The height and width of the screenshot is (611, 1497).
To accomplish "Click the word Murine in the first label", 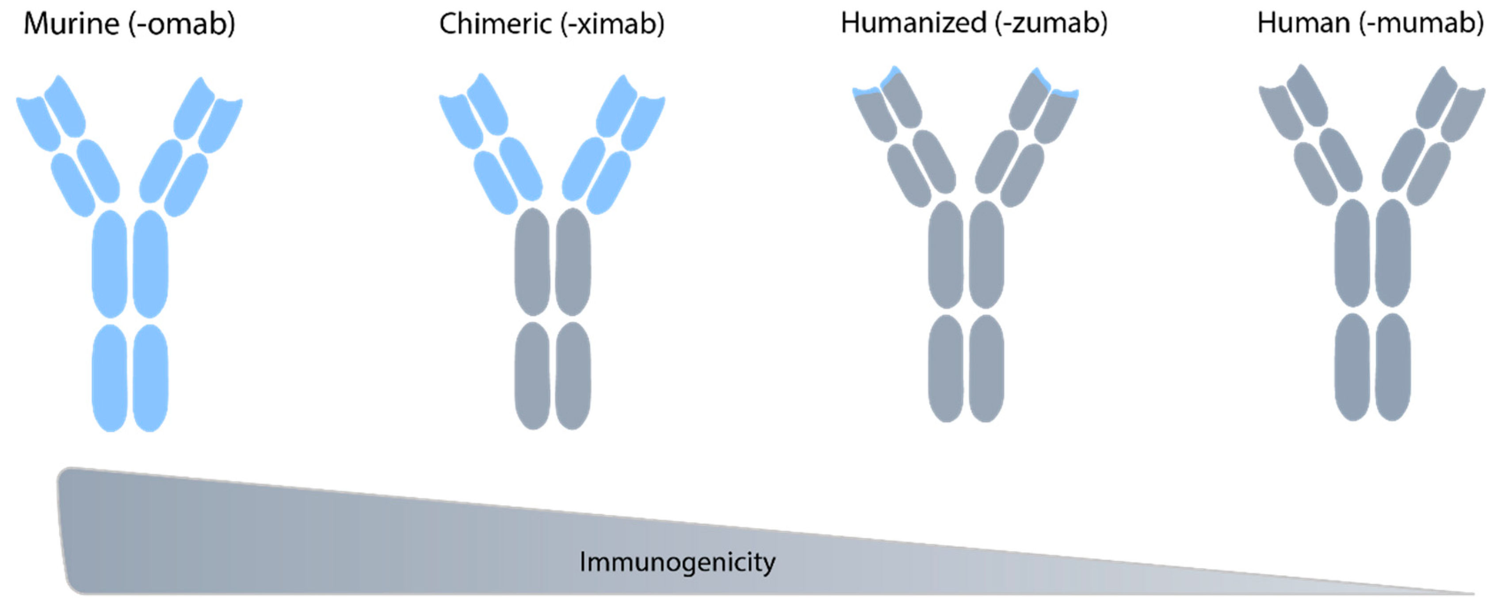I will tap(71, 24).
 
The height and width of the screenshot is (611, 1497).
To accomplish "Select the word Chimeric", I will tap(495, 24).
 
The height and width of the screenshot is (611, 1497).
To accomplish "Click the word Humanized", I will tap(913, 23).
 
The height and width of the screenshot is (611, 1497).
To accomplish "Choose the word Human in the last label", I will tap(1303, 23).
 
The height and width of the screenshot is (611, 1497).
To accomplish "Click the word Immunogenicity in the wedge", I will tap(677, 562).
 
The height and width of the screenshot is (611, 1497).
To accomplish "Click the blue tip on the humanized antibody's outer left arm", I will tap(866, 91).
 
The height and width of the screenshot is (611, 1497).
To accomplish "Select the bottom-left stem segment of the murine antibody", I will tap(110, 378).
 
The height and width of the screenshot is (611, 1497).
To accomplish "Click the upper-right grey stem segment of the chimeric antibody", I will tap(573, 262).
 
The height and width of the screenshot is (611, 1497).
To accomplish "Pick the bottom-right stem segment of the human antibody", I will tap(1392, 366).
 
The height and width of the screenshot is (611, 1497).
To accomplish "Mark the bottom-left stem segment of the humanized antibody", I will tap(946, 367).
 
